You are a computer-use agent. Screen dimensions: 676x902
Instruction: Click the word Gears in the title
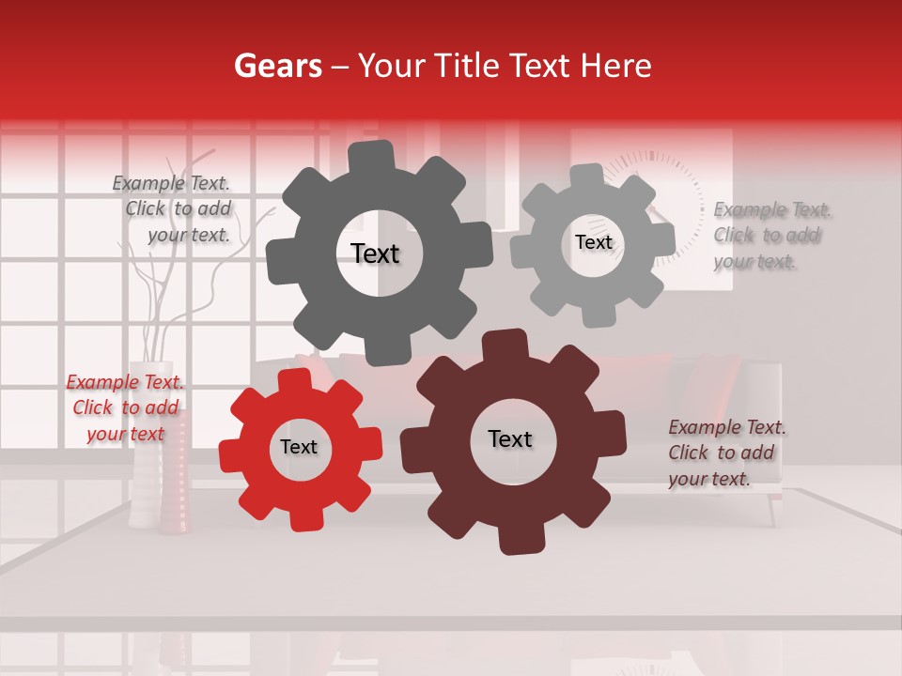coord(277,66)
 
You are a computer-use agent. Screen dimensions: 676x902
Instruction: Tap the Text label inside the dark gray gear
coord(375,253)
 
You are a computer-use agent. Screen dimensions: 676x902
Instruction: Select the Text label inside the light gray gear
coord(593,242)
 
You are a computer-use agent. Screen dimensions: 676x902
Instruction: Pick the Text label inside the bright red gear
coord(299,447)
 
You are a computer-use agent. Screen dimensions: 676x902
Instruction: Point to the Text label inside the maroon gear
coord(510,438)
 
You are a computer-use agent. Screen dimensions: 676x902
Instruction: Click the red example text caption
coord(126,408)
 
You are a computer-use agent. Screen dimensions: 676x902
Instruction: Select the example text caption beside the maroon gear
coord(726,453)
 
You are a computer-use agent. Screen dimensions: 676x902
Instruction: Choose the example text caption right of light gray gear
coord(770,235)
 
